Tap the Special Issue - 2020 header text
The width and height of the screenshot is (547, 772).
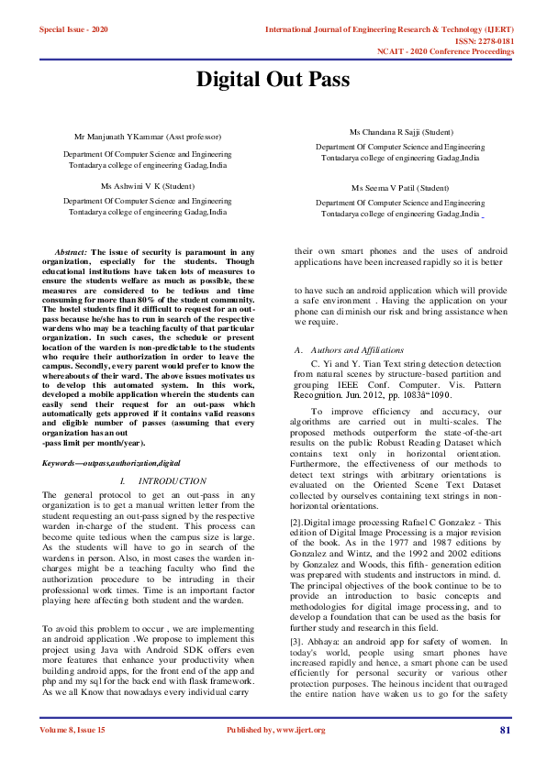73,30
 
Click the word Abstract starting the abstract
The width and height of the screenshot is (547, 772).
71,251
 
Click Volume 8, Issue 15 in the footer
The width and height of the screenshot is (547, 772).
73,755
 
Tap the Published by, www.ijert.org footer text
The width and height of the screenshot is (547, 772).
275,755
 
